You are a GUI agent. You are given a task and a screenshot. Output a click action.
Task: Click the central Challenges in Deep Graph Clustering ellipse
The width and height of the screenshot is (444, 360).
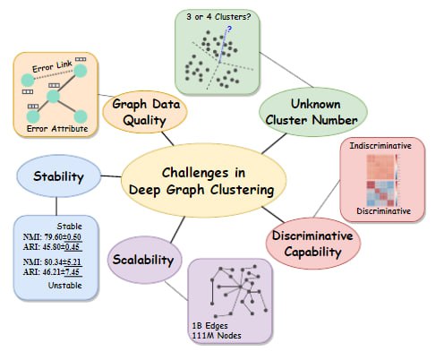[204, 180]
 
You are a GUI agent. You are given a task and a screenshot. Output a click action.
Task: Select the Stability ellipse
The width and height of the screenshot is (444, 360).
[58, 176]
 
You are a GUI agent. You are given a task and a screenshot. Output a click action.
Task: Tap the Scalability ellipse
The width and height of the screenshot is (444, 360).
[145, 260]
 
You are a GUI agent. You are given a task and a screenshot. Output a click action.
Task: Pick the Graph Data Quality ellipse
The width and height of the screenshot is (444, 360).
[145, 112]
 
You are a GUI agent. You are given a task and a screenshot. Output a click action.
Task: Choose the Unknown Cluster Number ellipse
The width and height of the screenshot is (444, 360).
[312, 112]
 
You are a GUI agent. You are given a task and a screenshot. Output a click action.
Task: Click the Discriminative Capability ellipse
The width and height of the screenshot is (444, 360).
[313, 244]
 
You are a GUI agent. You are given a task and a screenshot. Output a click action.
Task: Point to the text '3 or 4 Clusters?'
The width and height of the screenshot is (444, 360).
[218, 17]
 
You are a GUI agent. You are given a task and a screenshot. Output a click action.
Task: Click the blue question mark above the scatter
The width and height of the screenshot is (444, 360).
[229, 29]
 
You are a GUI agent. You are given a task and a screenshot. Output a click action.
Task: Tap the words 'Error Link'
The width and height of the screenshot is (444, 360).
[52, 66]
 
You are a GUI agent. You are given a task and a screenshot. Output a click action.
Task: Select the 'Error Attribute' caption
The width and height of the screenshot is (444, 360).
[57, 129]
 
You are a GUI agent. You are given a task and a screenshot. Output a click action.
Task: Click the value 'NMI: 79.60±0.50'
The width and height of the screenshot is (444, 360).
[52, 237]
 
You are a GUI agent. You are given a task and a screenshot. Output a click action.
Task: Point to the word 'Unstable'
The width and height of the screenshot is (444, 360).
[65, 286]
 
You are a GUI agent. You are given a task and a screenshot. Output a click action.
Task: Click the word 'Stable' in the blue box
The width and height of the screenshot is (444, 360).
[70, 226]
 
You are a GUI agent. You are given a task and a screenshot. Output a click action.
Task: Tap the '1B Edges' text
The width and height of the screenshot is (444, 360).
[210, 326]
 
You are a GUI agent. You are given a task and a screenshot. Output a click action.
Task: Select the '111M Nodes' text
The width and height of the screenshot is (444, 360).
[217, 336]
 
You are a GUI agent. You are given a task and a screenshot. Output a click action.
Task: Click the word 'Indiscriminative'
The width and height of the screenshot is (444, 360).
[380, 146]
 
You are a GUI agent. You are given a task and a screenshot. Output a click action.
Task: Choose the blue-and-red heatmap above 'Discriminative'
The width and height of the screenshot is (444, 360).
[381, 193]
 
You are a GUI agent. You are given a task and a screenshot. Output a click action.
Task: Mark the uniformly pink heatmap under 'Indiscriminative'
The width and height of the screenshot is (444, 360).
[381, 167]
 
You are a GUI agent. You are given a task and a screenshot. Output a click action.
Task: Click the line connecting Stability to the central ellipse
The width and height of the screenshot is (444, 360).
[111, 176]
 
